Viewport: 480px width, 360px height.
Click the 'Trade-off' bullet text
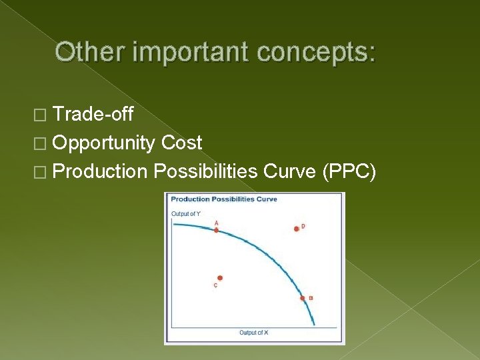point(93,115)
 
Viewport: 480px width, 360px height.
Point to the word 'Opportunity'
point(105,143)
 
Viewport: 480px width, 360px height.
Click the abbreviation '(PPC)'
point(349,171)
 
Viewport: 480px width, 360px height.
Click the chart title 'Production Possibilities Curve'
point(224,199)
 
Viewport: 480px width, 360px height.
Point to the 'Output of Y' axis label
point(185,213)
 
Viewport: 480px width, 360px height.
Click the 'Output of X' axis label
point(254,332)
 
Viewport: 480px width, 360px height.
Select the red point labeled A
point(216,230)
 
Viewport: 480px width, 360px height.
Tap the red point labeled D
point(296,229)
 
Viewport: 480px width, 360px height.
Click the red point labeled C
point(220,278)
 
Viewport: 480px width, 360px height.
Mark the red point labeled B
point(303,298)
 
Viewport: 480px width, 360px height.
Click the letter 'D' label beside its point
point(303,226)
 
